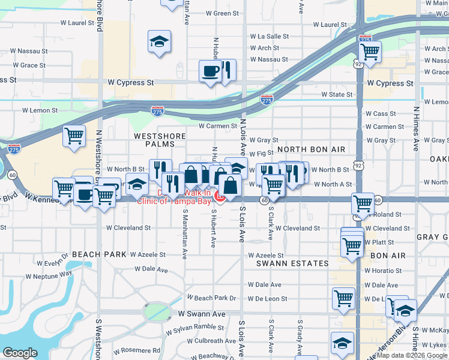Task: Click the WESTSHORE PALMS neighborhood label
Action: coord(154,140)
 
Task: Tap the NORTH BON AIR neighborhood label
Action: coord(311,149)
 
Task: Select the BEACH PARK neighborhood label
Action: coord(99,254)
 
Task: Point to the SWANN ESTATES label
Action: coord(292,263)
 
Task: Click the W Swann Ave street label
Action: coord(202,314)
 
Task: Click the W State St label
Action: coord(337,94)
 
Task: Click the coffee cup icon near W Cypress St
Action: coord(210,71)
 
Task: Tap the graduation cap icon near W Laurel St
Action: coord(160,41)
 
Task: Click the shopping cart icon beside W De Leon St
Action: coord(343,298)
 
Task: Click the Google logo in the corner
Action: coord(20,353)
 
